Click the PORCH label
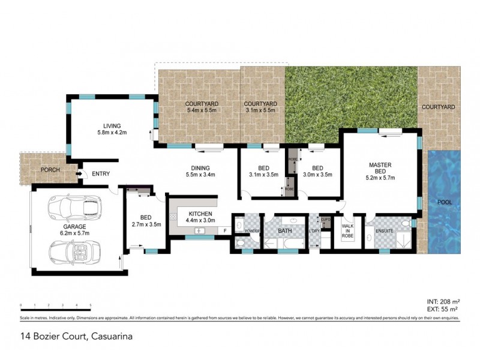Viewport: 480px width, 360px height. point(50,170)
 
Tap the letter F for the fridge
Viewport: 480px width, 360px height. point(224,230)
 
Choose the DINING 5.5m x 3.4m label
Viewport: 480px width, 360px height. point(200,171)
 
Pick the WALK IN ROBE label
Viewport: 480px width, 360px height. point(348,232)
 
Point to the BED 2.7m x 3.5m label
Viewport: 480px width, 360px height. point(146,221)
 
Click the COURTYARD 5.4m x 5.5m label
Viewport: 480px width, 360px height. point(202,107)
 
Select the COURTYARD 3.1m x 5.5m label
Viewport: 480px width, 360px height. point(259,107)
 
